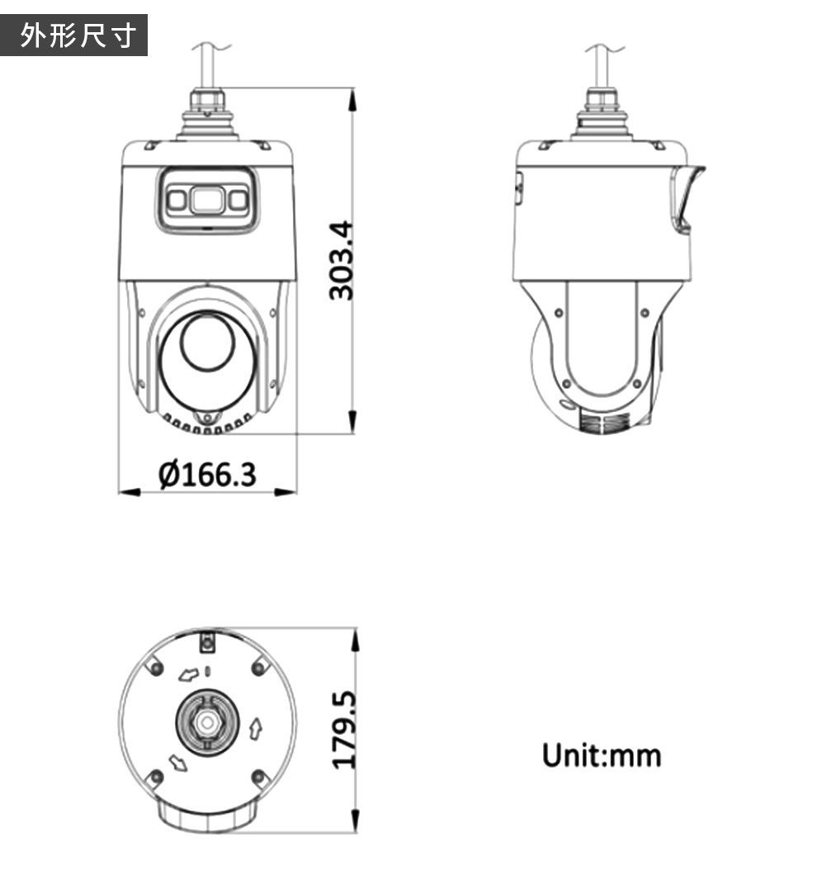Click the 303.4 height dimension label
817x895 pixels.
[342, 260]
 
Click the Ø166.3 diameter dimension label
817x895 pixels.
[207, 475]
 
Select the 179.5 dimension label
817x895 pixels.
[344, 730]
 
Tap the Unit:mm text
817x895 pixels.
[602, 755]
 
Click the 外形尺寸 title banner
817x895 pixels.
[74, 35]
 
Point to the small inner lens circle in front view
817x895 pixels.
[207, 342]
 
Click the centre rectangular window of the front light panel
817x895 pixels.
[207, 200]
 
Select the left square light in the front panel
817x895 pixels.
[177, 200]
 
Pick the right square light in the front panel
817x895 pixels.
[238, 200]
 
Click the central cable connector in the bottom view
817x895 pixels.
[207, 722]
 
